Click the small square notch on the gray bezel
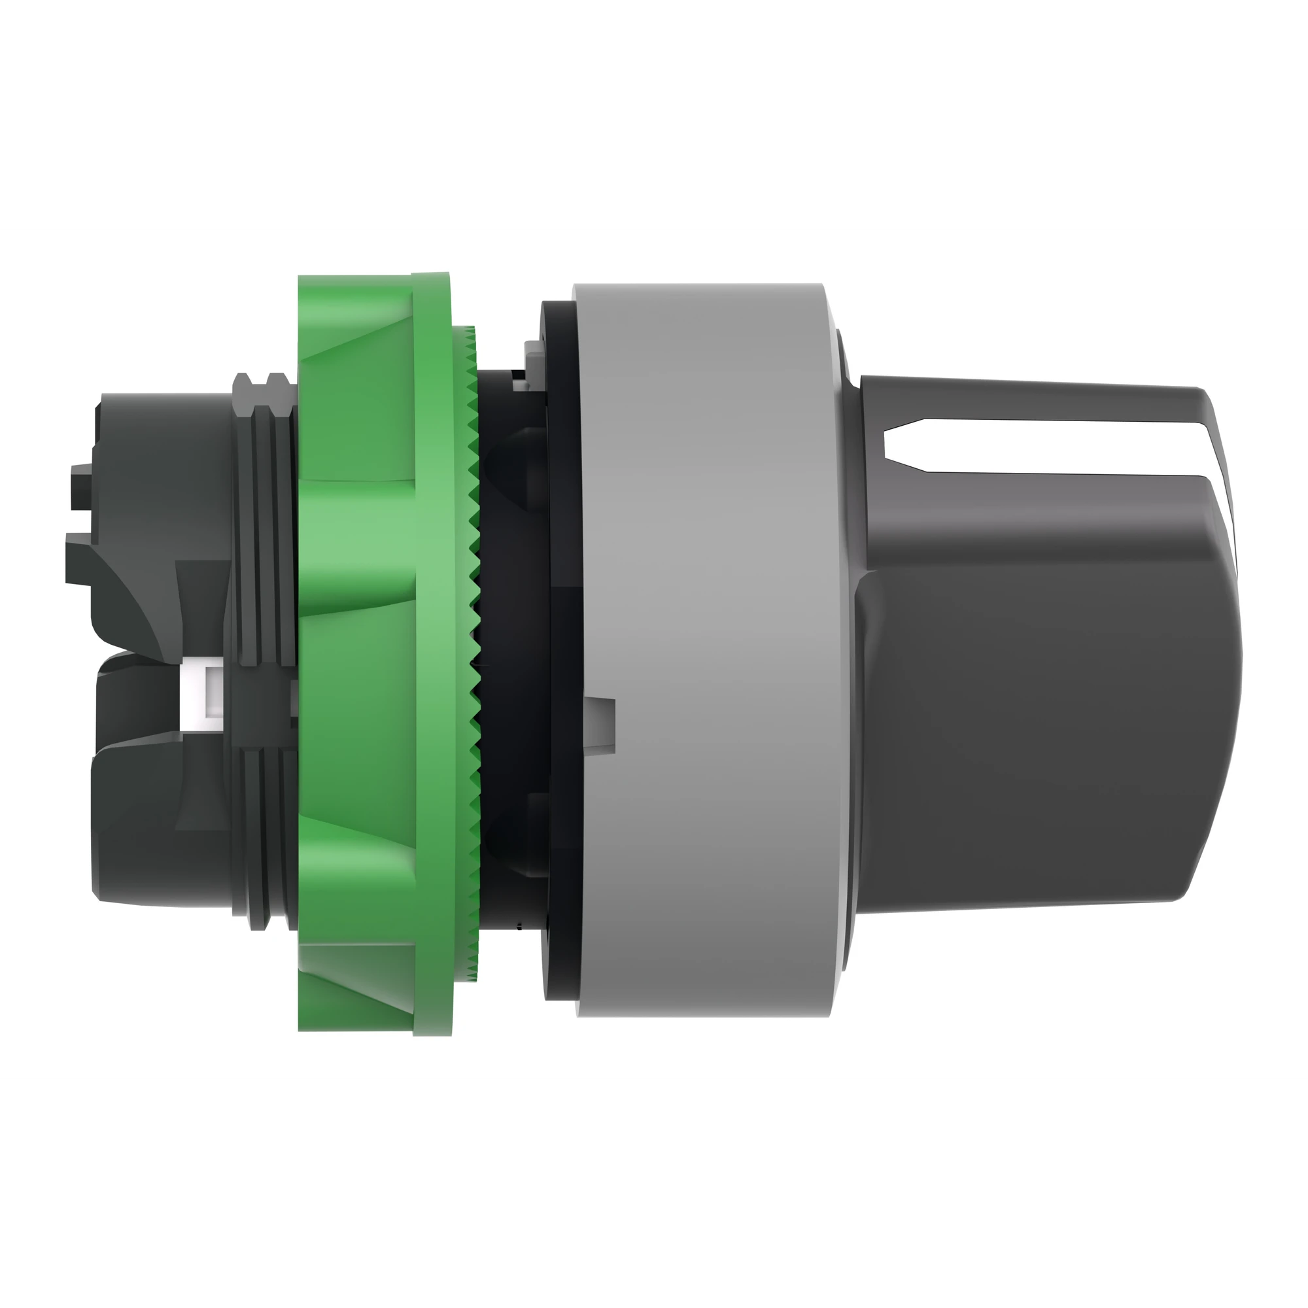click(602, 717)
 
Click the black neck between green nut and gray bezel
click(515, 650)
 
